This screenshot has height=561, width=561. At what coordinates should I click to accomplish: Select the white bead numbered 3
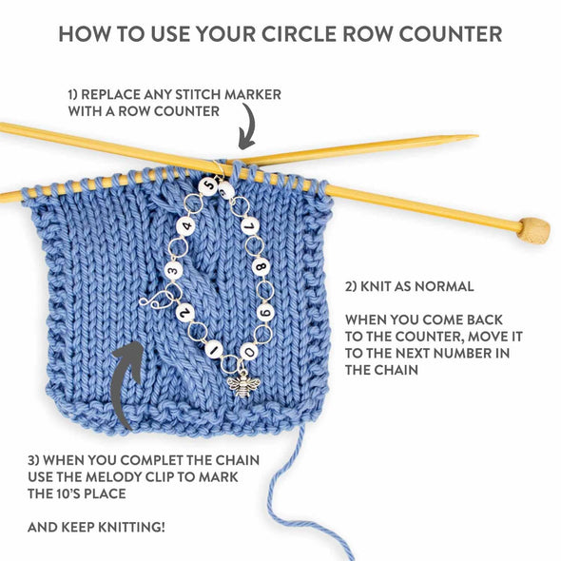[173, 271]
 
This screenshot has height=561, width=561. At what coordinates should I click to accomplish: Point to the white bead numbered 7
[249, 227]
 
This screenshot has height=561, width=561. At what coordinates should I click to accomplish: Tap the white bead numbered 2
[185, 312]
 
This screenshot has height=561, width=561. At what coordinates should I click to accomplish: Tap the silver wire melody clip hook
[152, 300]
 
